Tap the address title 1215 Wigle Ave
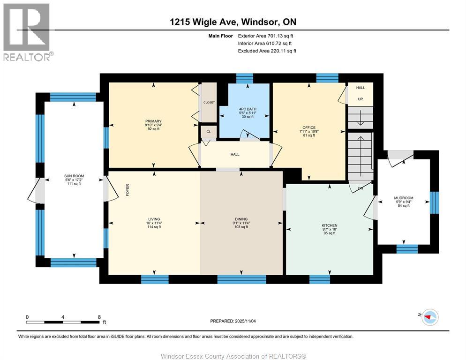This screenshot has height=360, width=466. pos(233,22)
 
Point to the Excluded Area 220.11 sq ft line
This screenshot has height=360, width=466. pos(267,51)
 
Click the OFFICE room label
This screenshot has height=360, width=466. pos(309,127)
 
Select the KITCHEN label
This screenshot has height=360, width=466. pos(329,225)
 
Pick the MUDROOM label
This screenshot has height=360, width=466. pos(403,198)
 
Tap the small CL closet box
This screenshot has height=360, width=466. pos(208,132)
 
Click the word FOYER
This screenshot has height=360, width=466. pos(127,189)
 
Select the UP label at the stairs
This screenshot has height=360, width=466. pos(361,99)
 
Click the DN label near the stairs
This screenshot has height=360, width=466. pos(361,189)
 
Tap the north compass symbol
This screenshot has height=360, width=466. pos(429,317)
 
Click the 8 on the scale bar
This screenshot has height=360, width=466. pos(99,317)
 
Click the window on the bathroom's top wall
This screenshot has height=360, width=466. pos(244,78)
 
